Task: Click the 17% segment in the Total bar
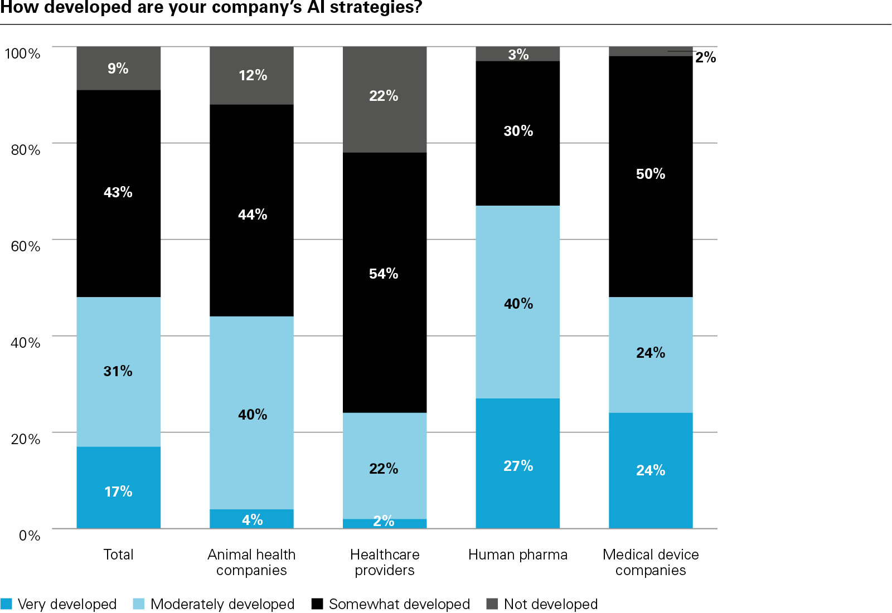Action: (x=118, y=488)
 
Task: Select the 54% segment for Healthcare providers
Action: (x=384, y=283)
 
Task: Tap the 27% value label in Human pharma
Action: (x=518, y=466)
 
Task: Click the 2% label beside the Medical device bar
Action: (x=705, y=57)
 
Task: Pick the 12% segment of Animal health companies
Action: (x=251, y=75)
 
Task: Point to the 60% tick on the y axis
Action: (x=26, y=246)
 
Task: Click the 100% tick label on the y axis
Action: (x=22, y=53)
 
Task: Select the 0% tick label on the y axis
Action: (x=29, y=536)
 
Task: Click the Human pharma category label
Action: (x=517, y=554)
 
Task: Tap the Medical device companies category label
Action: (x=651, y=562)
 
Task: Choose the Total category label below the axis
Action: (x=118, y=554)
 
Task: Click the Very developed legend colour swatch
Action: (x=6, y=604)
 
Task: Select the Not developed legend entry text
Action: (x=550, y=604)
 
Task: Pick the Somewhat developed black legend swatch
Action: (x=317, y=604)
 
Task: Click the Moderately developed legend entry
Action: (x=222, y=604)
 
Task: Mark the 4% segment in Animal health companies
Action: (x=251, y=519)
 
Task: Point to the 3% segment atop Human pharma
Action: (x=518, y=54)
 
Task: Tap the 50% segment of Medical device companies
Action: (x=651, y=177)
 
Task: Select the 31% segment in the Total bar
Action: (x=118, y=371)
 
